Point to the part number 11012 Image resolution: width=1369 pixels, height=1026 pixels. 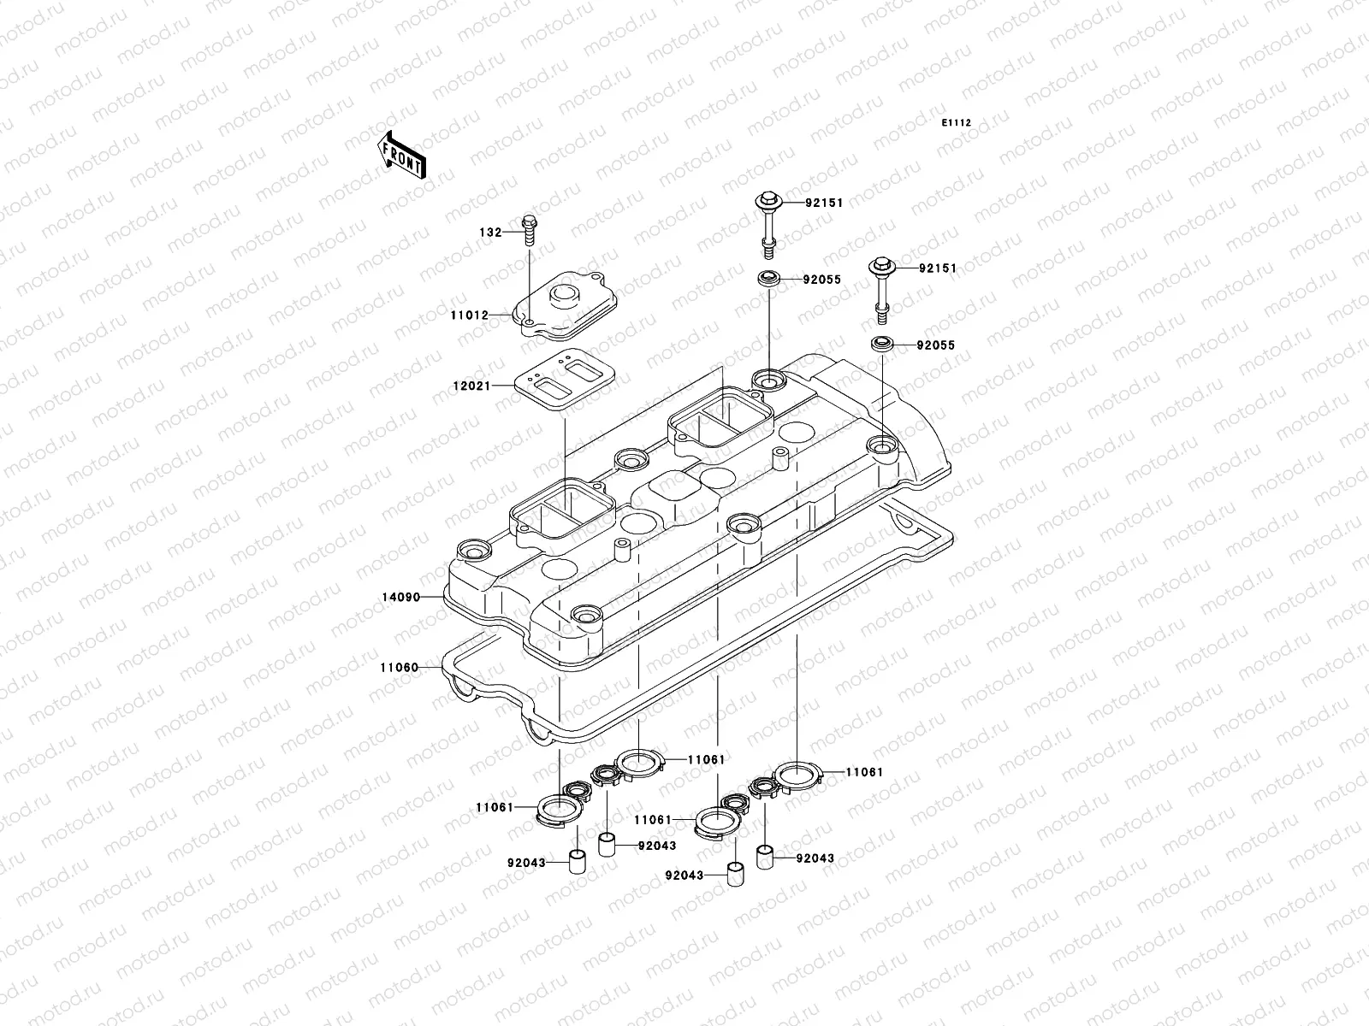coord(470,315)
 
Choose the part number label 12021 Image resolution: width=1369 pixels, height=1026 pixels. coord(471,386)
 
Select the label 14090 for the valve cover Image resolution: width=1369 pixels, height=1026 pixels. coord(400,597)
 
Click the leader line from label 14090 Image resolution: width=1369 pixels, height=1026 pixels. coord(433,597)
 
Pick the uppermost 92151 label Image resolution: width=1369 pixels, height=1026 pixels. coord(824,203)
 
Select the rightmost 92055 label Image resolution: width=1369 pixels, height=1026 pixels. coord(935,346)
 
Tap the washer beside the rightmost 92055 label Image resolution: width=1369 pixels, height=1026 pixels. coord(881,345)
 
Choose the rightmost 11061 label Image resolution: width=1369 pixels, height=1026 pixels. coord(864,771)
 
